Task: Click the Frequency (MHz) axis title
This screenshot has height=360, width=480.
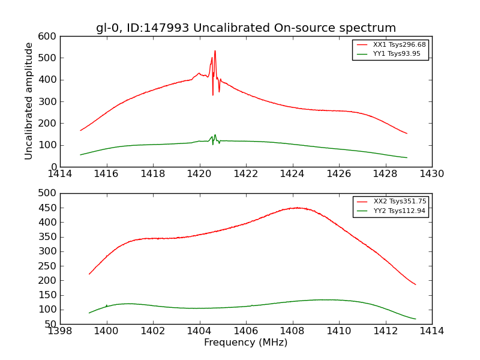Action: [x=246, y=343]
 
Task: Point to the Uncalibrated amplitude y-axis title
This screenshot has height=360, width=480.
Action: [x=29, y=101]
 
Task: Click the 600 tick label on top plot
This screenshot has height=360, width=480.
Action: [x=50, y=37]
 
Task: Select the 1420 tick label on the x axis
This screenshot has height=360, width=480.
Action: [x=199, y=174]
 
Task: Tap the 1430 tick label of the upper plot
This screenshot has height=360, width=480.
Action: [x=431, y=174]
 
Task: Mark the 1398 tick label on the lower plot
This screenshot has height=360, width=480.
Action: [x=61, y=331]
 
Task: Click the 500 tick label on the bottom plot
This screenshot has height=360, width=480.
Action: [x=50, y=193]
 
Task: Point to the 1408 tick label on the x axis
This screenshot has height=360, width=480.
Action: [x=293, y=331]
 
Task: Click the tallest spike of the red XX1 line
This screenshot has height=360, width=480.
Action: [x=215, y=51]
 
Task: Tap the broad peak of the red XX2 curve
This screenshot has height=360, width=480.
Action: [x=296, y=208]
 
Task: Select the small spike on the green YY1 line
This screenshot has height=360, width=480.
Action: [x=215, y=135]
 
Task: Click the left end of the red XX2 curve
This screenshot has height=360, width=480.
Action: [x=89, y=274]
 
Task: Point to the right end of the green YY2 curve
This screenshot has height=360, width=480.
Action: [x=415, y=319]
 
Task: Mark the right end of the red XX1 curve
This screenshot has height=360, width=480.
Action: [x=407, y=133]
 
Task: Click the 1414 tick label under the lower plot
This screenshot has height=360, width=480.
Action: [x=431, y=331]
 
